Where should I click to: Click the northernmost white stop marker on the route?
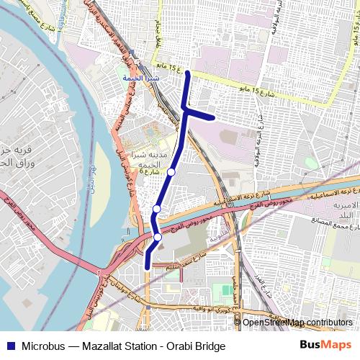(x=171, y=172)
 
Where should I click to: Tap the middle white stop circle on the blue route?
(x=156, y=209)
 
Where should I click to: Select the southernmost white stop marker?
(x=158, y=237)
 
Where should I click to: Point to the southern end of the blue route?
(x=148, y=266)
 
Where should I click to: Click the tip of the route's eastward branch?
(x=213, y=117)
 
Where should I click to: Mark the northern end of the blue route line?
(x=188, y=73)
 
